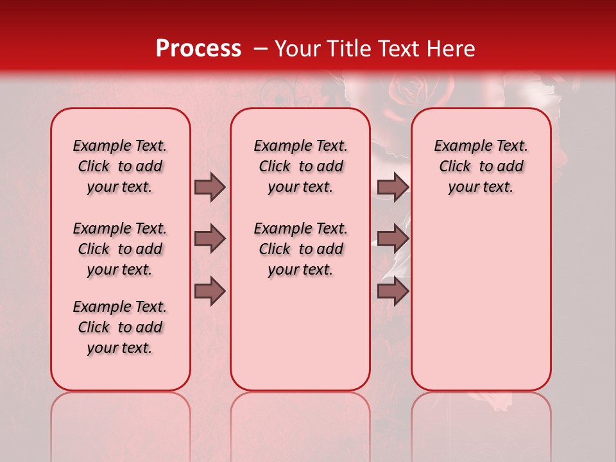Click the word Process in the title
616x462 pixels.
198,48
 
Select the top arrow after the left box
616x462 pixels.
210,187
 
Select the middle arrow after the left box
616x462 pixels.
210,239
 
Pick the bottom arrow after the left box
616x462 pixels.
210,291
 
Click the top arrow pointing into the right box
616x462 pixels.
393,187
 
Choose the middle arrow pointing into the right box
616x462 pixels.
393,239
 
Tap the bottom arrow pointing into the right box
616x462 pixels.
393,291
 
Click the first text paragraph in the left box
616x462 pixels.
120,166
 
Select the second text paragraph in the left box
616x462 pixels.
120,249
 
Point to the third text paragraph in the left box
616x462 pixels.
120,327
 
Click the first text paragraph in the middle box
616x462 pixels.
301,166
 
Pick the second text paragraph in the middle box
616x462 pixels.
301,249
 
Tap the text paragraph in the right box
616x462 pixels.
481,166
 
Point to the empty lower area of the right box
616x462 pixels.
481,302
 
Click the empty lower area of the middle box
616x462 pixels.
300,334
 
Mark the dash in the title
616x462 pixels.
261,48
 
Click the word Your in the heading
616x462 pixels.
297,48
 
